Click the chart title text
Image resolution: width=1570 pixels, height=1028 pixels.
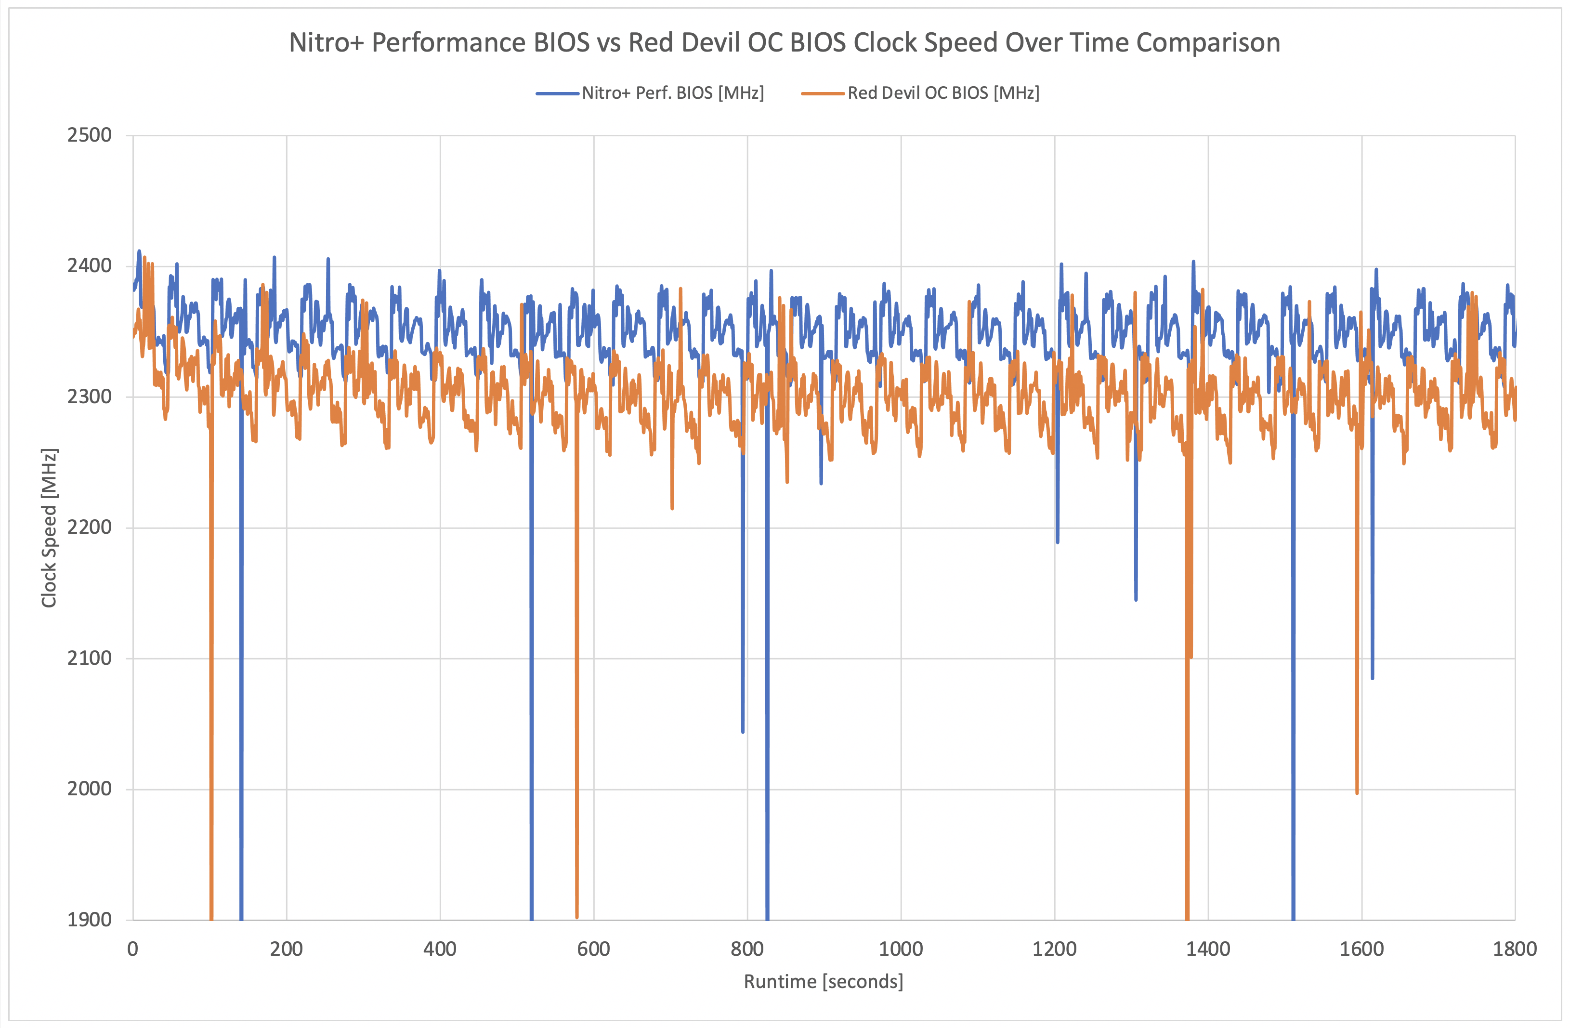coord(785,43)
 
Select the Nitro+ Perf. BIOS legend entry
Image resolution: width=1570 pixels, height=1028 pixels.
coord(672,93)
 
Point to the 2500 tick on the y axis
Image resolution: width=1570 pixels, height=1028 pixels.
coord(90,135)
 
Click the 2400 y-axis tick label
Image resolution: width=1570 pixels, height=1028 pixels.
coord(90,266)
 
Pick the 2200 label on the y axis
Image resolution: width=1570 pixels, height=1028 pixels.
coord(90,527)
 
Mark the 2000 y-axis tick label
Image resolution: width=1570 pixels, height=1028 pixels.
coord(90,789)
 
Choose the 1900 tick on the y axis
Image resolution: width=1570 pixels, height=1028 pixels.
coord(90,919)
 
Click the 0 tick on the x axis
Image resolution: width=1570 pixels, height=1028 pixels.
coord(132,949)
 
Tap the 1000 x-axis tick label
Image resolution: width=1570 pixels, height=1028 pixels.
coord(901,949)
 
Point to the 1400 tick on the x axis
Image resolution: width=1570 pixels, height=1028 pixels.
coord(1208,949)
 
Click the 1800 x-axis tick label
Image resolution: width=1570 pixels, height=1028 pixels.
coord(1515,949)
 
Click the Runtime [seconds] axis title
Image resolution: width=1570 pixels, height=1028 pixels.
coord(823,982)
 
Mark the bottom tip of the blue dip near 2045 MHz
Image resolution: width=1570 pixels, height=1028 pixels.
coord(743,731)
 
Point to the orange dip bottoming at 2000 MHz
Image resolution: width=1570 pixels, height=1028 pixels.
coord(1357,792)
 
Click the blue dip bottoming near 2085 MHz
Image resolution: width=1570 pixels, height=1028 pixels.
coord(1373,678)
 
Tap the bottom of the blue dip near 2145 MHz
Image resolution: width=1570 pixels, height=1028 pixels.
coord(1136,599)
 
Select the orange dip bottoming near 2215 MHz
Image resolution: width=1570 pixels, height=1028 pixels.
coord(672,508)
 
